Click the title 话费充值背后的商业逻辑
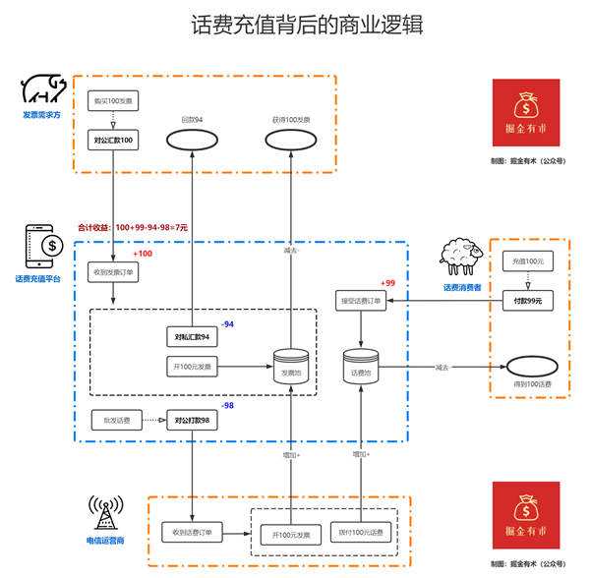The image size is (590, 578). tap(295, 24)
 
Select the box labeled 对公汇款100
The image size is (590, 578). tap(113, 142)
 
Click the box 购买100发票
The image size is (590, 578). tap(113, 101)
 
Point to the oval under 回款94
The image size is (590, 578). tap(192, 142)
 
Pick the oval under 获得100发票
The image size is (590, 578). tap(291, 142)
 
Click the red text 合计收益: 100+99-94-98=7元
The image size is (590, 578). tap(146, 227)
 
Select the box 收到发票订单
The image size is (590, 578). tap(113, 272)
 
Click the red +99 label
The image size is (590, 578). tap(389, 282)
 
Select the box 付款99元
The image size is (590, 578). tap(527, 300)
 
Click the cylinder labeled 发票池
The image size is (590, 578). tap(291, 367)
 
